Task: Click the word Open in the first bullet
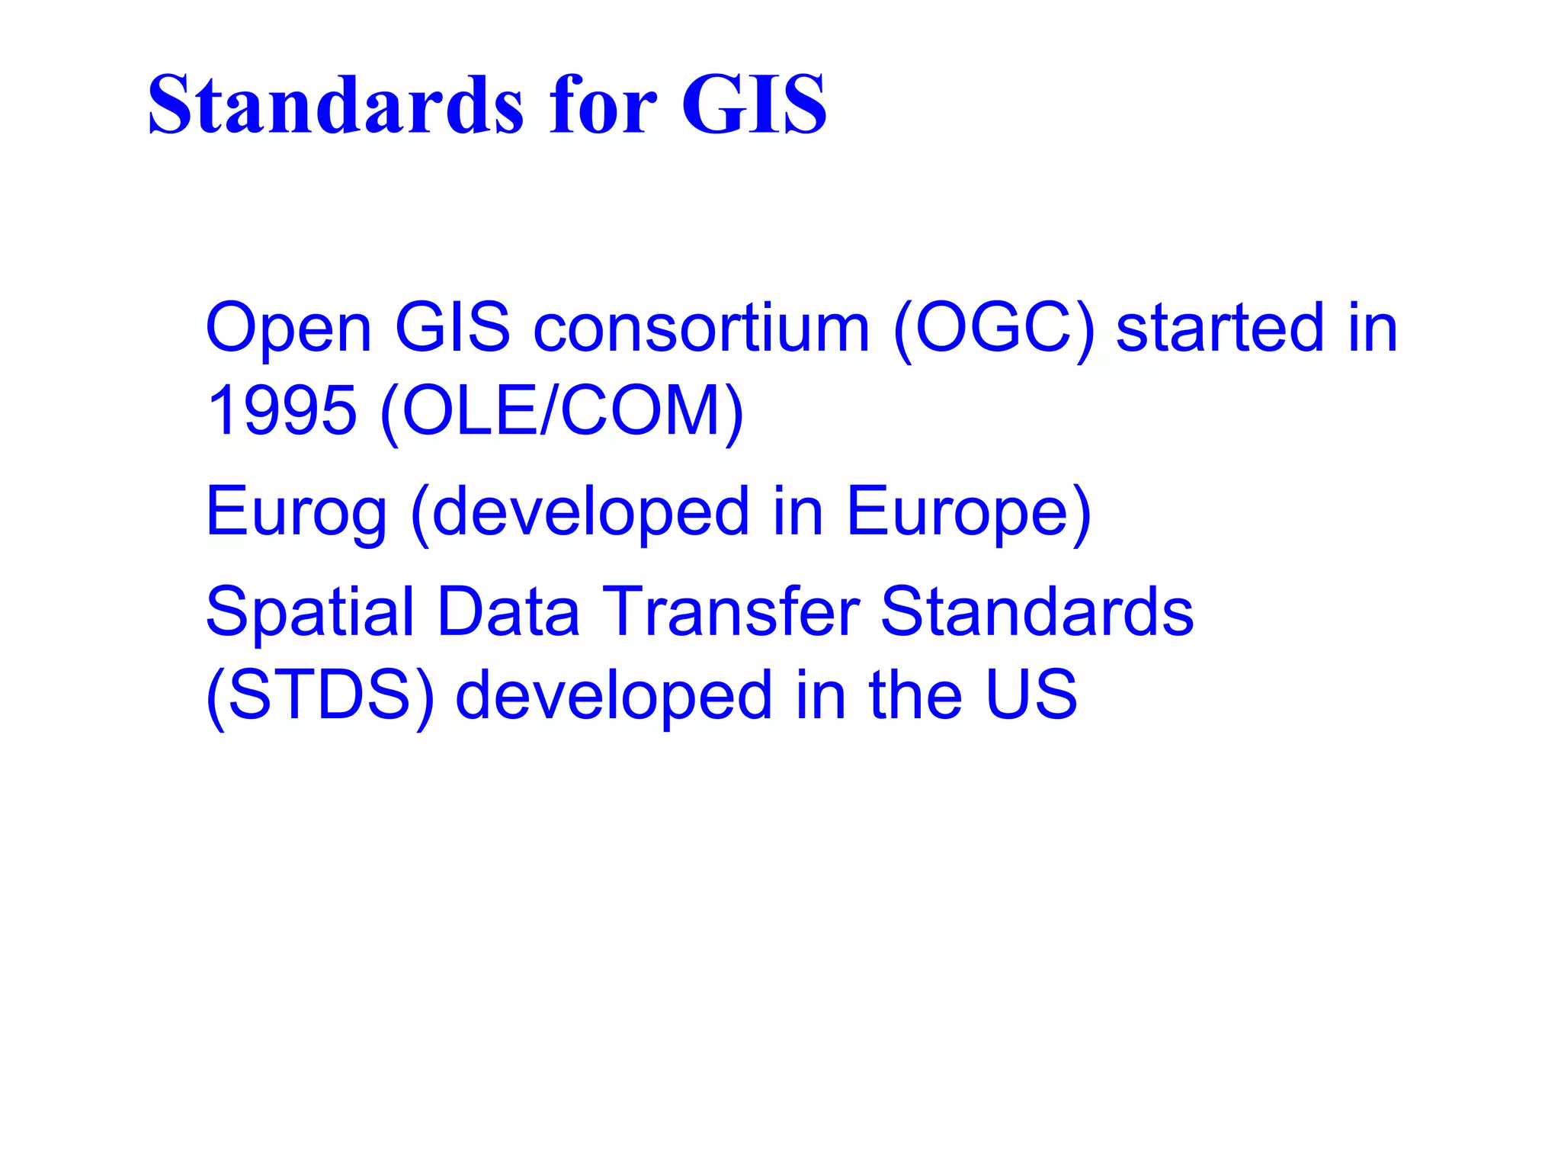point(288,329)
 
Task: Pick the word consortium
point(701,329)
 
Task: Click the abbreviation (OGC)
point(993,329)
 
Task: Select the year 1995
point(281,412)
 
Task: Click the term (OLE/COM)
point(561,412)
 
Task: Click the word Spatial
point(309,613)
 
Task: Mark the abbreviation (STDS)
point(320,695)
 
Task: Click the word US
point(1031,695)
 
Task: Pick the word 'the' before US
point(915,695)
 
